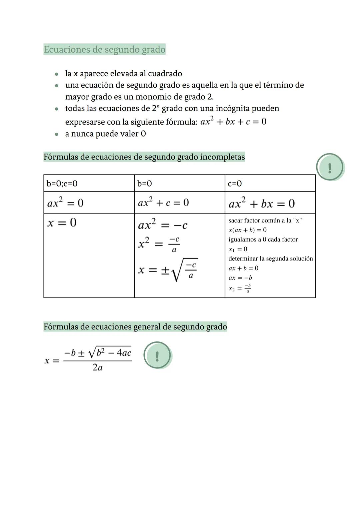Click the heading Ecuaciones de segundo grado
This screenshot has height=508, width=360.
point(104,50)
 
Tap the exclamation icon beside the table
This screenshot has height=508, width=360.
point(330,167)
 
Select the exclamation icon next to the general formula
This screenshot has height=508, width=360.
point(157,355)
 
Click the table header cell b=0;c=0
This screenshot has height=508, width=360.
point(62,183)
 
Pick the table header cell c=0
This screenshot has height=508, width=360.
point(235,183)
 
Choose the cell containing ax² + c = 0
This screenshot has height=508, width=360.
point(163,202)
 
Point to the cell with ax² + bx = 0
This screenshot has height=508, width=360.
point(262,203)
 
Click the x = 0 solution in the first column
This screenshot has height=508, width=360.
point(62,223)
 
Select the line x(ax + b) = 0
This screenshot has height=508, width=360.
point(247,230)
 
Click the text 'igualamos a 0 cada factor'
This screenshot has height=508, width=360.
point(263,240)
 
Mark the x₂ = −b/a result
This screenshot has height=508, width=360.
point(240,288)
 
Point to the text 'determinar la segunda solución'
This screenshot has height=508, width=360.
point(270,258)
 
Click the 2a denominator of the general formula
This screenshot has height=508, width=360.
point(97,368)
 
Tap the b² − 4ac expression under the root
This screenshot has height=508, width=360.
point(113,352)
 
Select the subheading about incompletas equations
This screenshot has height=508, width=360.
point(144,157)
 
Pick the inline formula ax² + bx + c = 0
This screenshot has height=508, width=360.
point(233,122)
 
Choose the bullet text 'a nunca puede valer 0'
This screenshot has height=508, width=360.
point(105,134)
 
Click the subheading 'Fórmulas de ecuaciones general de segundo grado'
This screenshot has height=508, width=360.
point(135,326)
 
